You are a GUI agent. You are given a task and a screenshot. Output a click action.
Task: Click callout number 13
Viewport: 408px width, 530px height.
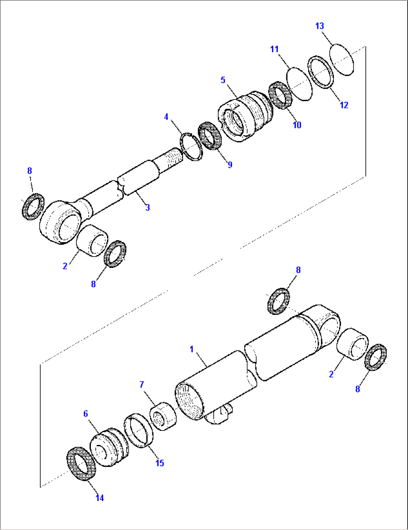click(320, 26)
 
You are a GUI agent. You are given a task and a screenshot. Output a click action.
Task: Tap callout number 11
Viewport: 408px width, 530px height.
click(274, 49)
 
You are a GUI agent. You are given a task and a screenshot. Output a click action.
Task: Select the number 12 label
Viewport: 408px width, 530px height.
click(344, 105)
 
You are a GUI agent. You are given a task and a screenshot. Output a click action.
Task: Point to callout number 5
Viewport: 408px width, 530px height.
click(223, 80)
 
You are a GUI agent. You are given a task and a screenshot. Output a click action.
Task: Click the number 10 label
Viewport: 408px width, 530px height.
click(297, 125)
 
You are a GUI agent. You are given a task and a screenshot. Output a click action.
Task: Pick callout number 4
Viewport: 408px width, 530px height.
click(166, 117)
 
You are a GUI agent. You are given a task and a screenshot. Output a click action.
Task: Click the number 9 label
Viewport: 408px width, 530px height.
click(230, 165)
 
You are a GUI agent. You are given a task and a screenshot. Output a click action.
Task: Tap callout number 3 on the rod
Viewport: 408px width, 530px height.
click(147, 207)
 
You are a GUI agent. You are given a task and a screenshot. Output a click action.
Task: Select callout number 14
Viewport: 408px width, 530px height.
click(100, 498)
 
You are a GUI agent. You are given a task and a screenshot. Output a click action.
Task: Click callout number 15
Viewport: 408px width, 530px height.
click(160, 463)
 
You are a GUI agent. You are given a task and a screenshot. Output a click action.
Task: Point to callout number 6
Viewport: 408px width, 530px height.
click(86, 413)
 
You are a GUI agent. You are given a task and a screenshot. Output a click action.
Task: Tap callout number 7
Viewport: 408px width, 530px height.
click(142, 384)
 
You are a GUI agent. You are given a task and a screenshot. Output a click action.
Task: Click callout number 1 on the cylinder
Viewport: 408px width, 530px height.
click(192, 349)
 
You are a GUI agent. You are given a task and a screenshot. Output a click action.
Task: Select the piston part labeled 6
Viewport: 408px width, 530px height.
click(109, 447)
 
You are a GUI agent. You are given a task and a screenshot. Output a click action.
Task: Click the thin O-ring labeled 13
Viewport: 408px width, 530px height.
click(342, 59)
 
